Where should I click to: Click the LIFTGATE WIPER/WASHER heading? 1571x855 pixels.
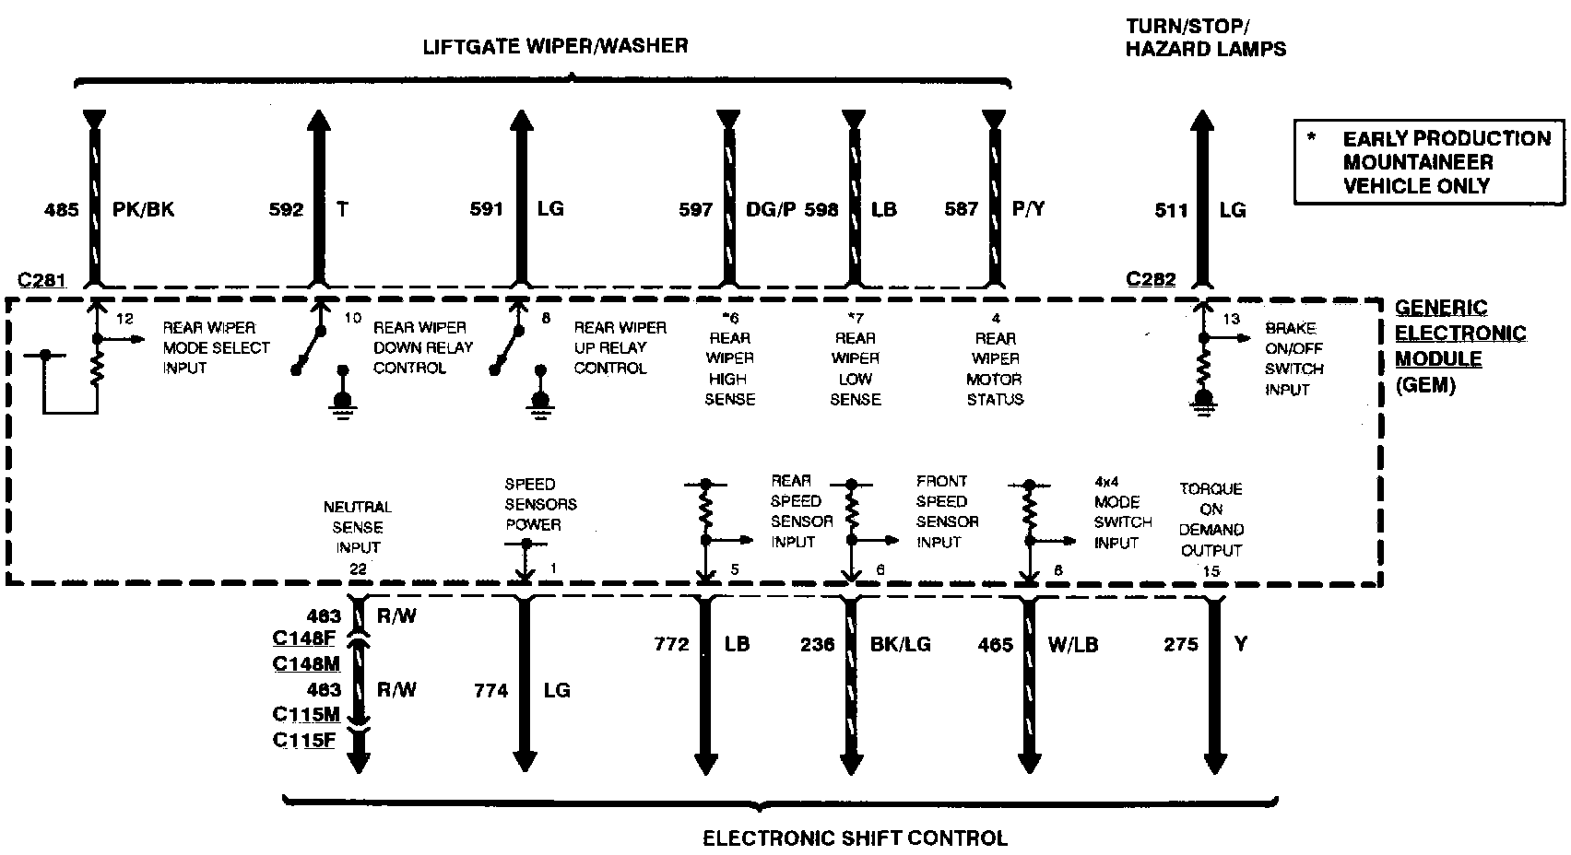(x=555, y=45)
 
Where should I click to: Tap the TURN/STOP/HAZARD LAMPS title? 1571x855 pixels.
(x=1205, y=38)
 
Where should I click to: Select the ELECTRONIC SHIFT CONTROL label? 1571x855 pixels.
(x=855, y=837)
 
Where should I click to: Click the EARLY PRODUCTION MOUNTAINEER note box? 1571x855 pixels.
(x=1430, y=162)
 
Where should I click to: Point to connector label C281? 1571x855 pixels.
(x=42, y=279)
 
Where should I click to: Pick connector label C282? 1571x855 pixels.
(x=1151, y=279)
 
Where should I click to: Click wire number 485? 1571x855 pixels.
(x=62, y=210)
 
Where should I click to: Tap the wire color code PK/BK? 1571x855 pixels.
(x=143, y=210)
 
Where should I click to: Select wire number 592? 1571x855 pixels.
(x=286, y=210)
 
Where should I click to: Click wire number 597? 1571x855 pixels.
(x=696, y=210)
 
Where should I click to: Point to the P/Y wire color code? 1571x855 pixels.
(x=1028, y=209)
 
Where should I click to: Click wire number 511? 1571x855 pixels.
(x=1171, y=210)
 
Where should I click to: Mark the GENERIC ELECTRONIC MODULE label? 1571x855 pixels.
(x=1459, y=346)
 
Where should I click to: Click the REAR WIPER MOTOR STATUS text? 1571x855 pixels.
(x=995, y=369)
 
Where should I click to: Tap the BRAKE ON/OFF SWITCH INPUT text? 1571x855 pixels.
(x=1293, y=358)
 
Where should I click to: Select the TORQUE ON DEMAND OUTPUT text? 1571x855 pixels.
(x=1211, y=520)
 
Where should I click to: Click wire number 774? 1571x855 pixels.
(x=491, y=690)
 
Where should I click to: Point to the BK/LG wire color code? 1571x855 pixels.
(x=900, y=645)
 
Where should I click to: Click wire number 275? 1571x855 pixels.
(x=1181, y=645)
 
